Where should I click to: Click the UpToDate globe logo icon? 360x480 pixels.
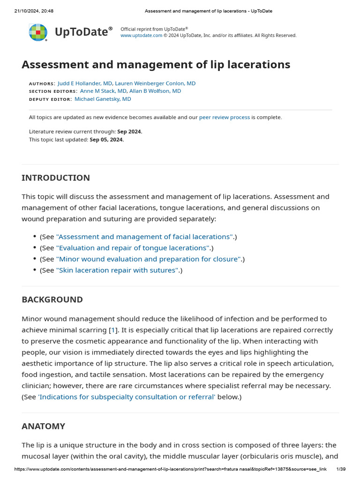point(38,32)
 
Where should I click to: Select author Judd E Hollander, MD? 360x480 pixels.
point(85,83)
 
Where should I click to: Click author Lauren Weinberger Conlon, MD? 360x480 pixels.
point(155,83)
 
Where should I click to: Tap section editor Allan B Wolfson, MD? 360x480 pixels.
point(155,91)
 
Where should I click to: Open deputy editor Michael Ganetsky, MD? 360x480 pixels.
point(103,99)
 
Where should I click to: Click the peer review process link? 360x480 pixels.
point(225,117)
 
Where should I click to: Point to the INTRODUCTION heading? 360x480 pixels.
point(56,178)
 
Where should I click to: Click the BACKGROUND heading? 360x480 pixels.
point(52,300)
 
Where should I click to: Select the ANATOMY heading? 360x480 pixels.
point(43,426)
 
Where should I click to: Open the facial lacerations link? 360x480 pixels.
point(144,237)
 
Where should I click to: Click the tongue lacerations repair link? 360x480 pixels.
point(133,248)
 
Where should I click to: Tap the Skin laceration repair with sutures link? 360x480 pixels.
point(117,270)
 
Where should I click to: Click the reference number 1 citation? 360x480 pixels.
point(113,330)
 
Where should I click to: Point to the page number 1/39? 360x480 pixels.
point(341,469)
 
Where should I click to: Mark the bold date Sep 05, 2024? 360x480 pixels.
point(107,140)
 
